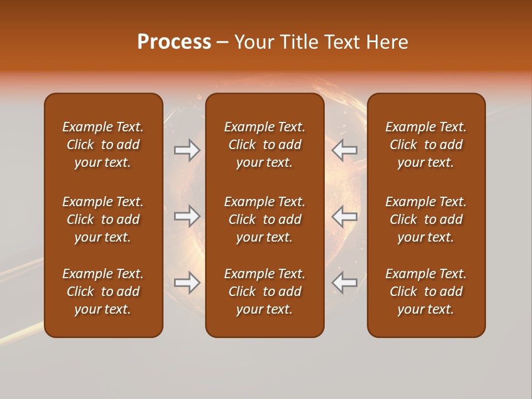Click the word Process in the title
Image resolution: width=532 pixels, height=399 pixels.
coord(174,42)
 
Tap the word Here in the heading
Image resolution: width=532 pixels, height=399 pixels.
coord(387,42)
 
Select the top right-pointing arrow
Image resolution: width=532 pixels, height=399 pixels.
coord(187,150)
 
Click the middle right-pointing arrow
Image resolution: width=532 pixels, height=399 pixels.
coord(187,216)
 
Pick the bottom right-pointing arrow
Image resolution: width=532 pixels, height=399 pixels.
coord(187,283)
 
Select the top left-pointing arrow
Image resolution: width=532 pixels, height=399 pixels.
coord(345,150)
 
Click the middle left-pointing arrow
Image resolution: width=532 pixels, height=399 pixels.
coord(345,216)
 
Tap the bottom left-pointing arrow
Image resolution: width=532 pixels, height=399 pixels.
coord(345,283)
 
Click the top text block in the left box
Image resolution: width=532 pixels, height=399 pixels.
coord(103,145)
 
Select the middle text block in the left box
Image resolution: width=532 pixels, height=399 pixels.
coord(103,219)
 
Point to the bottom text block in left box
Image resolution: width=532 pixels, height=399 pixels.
coord(103,291)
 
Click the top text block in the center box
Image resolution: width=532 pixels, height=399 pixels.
coord(264,145)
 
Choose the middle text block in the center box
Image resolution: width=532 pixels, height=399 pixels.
coord(264,219)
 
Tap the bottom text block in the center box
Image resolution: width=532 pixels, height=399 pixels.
coord(264,291)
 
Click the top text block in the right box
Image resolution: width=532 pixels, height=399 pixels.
coord(426,145)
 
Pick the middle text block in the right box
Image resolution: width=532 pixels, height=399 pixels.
coord(426,219)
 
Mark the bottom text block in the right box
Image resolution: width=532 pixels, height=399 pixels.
coord(426,291)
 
